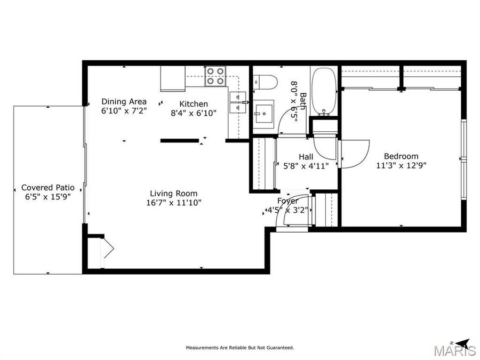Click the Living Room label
coord(173,194)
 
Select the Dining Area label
coord(124,101)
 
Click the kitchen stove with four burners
coord(215,76)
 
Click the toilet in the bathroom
coord(265,82)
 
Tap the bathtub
coord(324,90)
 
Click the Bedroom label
coord(401,156)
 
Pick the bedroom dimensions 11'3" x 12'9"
coord(401,165)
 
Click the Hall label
coord(306,157)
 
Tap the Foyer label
coord(287,201)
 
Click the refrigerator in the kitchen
coord(172,78)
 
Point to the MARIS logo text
coord(454,350)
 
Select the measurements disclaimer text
coord(239,348)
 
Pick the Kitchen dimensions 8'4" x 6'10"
coord(193,113)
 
